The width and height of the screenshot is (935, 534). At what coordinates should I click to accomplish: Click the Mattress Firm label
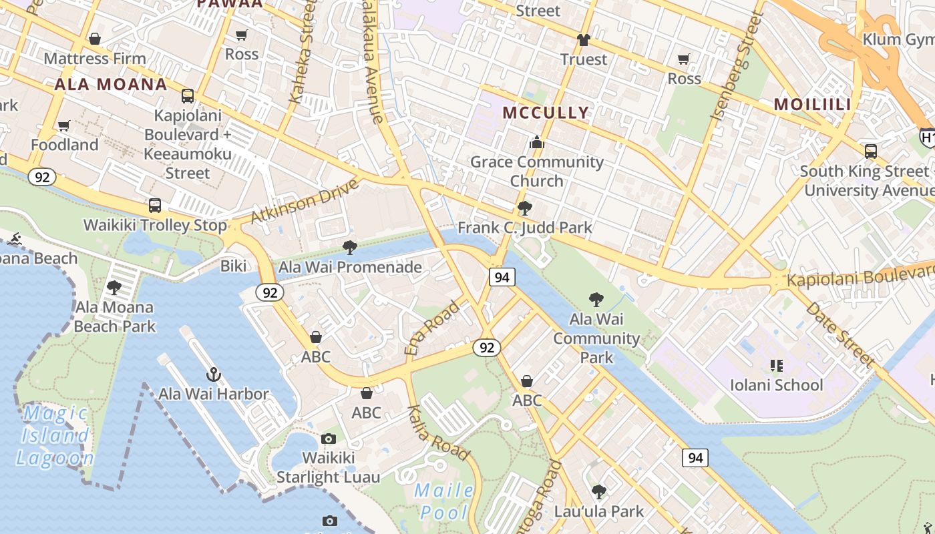[94, 59]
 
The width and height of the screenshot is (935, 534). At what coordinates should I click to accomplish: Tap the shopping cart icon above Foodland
[64, 125]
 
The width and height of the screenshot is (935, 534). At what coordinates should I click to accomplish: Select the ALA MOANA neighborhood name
[110, 84]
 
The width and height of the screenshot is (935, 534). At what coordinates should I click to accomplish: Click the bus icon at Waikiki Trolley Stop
[155, 206]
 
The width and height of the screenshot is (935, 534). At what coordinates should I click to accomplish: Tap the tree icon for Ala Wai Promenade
[349, 248]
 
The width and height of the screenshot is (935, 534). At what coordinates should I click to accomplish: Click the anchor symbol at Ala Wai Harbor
[214, 374]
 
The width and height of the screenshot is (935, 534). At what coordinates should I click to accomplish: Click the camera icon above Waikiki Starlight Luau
[328, 439]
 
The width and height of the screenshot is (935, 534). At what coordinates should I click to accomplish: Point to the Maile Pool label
[443, 501]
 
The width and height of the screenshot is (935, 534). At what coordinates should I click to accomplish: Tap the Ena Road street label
[432, 328]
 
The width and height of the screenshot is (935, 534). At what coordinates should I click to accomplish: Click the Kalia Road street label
[438, 433]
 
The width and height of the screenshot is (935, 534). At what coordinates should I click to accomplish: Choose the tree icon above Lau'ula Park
[599, 492]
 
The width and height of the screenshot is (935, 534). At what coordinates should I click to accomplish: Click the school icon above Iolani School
[776, 366]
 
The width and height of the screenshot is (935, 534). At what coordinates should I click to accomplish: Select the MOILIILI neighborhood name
[812, 104]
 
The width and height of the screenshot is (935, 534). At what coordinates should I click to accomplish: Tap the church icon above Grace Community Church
[536, 142]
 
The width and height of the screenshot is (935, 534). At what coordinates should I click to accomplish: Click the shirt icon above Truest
[584, 40]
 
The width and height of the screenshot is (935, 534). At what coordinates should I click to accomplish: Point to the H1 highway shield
[927, 138]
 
